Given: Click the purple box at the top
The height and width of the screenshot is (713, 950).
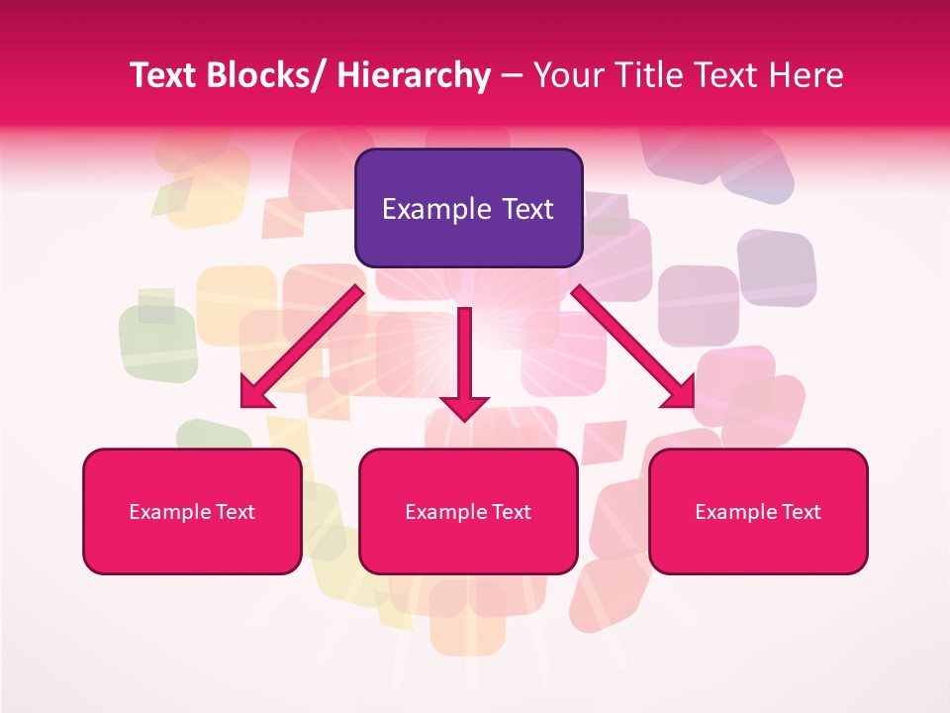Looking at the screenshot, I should [468, 208].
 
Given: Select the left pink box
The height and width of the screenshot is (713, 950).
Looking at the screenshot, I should [192, 511].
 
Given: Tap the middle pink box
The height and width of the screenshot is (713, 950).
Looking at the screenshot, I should [468, 511].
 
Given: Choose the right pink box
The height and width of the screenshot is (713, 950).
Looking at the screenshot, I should [758, 511].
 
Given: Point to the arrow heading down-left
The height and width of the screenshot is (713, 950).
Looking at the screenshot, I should [301, 348].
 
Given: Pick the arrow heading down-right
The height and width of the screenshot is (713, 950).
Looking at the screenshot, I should [633, 348].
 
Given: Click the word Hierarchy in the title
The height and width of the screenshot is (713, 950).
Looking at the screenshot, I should [414, 75].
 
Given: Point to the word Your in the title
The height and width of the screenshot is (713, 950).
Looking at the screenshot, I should [567, 75].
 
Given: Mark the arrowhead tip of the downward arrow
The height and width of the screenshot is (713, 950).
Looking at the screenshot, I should [464, 420].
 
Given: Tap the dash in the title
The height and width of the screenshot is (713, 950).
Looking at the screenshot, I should [512, 77].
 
